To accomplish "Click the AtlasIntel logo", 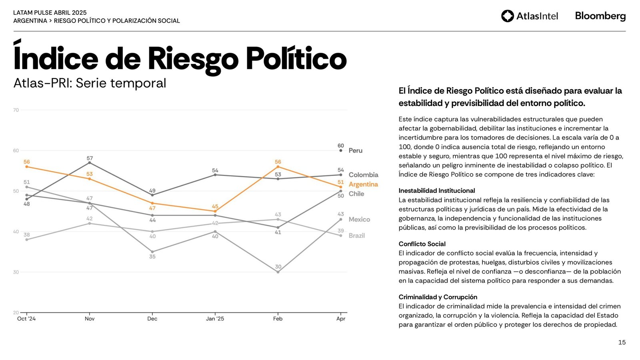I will [x=529, y=16].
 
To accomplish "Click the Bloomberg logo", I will [x=600, y=16].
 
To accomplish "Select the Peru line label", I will [x=355, y=151].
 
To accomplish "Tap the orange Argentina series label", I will [x=363, y=184].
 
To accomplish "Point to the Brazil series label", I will [x=356, y=236].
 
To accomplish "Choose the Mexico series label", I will [x=359, y=220].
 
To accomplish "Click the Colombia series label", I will [x=363, y=175].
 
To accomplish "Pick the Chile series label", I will [x=356, y=194].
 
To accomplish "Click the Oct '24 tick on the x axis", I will [x=26, y=319].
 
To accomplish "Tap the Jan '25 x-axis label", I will [x=215, y=319].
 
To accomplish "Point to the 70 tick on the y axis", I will [x=16, y=110].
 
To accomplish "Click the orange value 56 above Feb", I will [x=278, y=162].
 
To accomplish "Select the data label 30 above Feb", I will [x=278, y=267].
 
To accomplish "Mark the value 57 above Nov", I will [x=90, y=158].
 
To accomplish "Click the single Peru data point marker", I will [x=341, y=151].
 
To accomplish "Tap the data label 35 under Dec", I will [x=152, y=256].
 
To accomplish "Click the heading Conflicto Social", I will [x=422, y=244].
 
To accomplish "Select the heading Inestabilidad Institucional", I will [x=437, y=191].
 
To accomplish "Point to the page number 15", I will [x=622, y=342].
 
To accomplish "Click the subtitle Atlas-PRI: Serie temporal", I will [x=90, y=83].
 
